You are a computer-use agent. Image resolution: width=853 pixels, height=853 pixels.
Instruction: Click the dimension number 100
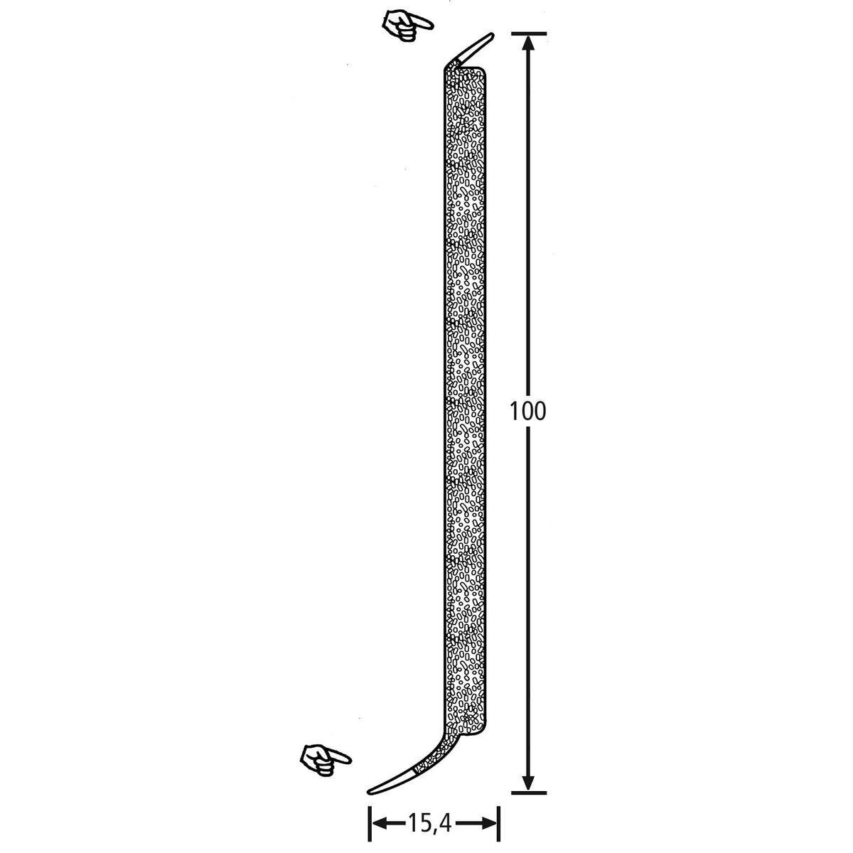527,412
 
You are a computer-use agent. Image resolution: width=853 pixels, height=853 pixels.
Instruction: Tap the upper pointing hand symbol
407,26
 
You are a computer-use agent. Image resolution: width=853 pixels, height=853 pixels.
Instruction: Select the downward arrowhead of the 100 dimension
527,780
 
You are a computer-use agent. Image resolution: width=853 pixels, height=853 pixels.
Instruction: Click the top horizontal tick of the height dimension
529,33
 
